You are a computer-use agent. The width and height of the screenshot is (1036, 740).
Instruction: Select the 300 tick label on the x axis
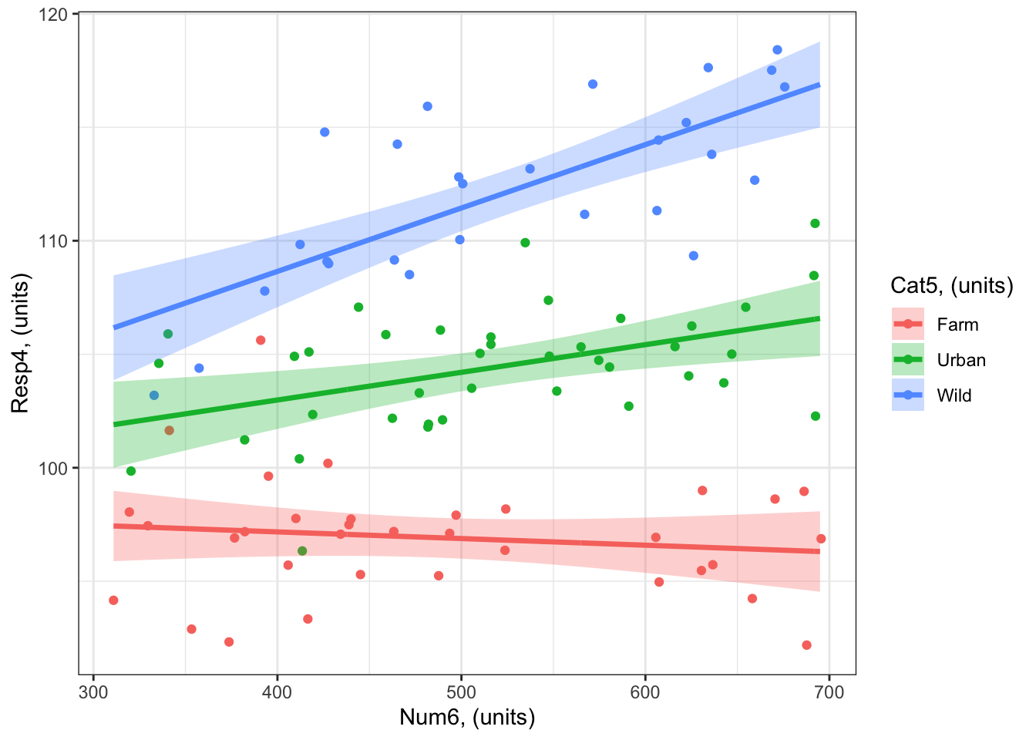tap(93, 692)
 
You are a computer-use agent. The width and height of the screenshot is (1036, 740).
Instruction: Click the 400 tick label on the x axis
tap(277, 692)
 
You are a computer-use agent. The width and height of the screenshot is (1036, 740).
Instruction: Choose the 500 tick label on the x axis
tap(461, 692)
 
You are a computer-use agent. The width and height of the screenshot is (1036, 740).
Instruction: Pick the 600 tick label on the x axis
tap(645, 692)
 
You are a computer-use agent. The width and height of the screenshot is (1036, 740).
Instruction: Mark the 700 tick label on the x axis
tap(829, 692)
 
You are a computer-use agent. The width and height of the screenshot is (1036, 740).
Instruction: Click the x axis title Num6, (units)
tap(467, 718)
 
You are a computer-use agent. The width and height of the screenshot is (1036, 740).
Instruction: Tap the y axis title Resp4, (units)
tap(20, 344)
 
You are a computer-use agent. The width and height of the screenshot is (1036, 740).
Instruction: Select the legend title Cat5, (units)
tap(951, 286)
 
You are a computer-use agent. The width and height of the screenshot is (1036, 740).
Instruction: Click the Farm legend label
tap(957, 325)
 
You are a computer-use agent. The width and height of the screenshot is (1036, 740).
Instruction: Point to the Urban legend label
tap(961, 360)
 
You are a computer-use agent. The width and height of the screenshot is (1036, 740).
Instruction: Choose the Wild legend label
tap(954, 395)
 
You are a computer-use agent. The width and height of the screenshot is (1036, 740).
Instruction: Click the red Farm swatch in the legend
tap(908, 325)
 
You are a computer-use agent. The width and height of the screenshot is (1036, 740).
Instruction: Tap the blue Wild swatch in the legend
tap(908, 395)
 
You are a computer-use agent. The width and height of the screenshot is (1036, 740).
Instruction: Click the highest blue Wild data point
tap(777, 50)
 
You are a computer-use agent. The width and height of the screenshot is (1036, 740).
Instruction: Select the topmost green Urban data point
tap(815, 224)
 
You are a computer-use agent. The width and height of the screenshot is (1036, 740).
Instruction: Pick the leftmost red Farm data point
tap(113, 600)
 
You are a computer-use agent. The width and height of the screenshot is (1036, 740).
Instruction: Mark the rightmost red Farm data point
tap(821, 539)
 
